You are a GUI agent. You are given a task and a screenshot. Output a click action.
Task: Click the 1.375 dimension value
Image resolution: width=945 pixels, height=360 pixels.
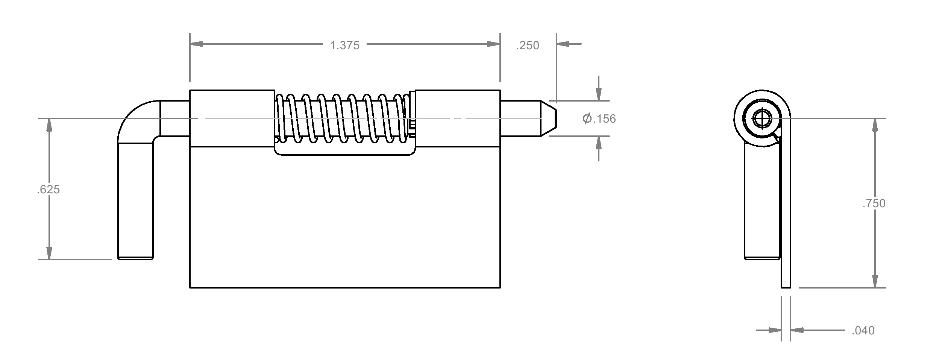pyautogui.click(x=344, y=46)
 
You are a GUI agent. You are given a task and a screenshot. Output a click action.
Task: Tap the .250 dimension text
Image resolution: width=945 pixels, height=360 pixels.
pyautogui.click(x=528, y=46)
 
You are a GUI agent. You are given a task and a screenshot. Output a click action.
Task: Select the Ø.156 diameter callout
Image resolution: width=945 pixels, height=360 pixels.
pyautogui.click(x=599, y=119)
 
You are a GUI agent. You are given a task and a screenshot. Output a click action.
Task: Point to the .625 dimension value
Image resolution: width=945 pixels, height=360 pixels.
pyautogui.click(x=49, y=190)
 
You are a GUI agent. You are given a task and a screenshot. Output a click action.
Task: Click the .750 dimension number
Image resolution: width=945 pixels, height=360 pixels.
pyautogui.click(x=874, y=204)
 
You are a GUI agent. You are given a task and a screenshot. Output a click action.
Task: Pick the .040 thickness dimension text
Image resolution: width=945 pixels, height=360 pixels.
pyautogui.click(x=863, y=331)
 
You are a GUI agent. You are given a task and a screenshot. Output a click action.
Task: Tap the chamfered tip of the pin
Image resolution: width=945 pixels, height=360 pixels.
pyautogui.click(x=549, y=118)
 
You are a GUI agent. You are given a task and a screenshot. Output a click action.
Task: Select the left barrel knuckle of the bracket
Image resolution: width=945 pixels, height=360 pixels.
pyautogui.click(x=232, y=118)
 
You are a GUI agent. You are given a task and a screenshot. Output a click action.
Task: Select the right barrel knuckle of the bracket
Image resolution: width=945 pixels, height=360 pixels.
pyautogui.click(x=458, y=118)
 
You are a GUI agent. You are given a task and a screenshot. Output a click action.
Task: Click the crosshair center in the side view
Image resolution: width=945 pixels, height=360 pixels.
pyautogui.click(x=762, y=119)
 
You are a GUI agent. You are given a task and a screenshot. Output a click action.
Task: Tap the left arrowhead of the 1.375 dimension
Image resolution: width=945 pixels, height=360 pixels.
pyautogui.click(x=196, y=44)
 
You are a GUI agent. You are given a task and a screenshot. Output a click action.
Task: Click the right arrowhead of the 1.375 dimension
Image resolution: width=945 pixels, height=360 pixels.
pyautogui.click(x=493, y=44)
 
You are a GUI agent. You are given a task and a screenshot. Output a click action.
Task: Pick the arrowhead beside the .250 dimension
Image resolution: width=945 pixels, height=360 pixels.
pyautogui.click(x=563, y=44)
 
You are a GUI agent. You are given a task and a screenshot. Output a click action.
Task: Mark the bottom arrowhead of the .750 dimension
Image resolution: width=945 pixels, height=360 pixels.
pyautogui.click(x=875, y=281)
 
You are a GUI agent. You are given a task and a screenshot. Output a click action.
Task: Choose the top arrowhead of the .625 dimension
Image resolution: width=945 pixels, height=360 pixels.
pyautogui.click(x=49, y=125)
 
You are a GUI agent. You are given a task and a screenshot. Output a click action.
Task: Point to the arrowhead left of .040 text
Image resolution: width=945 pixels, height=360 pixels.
pyautogui.click(x=775, y=330)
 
